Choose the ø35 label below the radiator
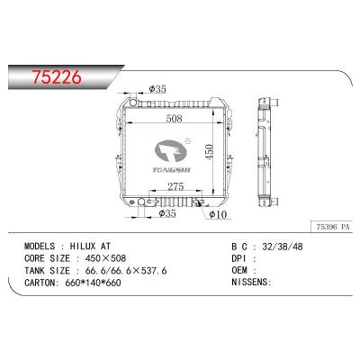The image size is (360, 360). click(166, 214)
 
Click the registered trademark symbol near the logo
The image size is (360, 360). click(190, 140)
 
